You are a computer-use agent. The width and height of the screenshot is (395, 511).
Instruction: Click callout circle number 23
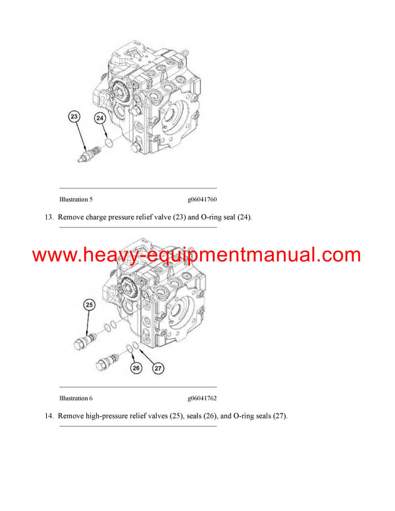(x=74, y=117)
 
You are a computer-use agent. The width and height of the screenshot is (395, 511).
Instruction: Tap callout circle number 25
(x=89, y=305)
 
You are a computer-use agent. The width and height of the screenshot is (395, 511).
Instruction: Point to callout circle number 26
(x=136, y=368)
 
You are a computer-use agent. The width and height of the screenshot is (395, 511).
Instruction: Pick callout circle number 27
(x=158, y=368)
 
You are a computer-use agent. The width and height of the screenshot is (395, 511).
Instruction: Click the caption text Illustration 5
(x=76, y=200)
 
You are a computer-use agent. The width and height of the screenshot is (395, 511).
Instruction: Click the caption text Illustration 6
(x=76, y=398)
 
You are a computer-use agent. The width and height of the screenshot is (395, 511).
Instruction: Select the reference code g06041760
(x=202, y=200)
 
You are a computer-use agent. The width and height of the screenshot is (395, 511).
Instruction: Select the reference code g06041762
(x=202, y=398)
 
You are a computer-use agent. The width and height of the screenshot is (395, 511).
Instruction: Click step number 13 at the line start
(x=49, y=217)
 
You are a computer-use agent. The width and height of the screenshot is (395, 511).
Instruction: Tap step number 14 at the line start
(x=49, y=416)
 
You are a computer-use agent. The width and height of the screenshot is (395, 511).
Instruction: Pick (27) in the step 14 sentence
(x=278, y=416)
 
